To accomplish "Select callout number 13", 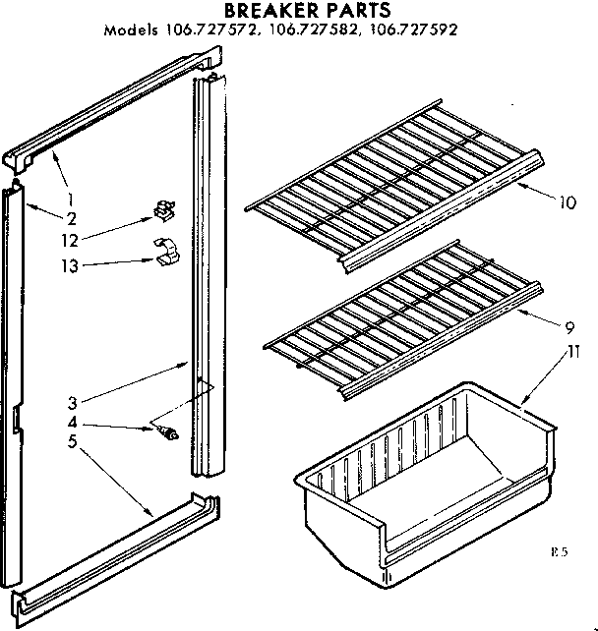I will click(x=95, y=264).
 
